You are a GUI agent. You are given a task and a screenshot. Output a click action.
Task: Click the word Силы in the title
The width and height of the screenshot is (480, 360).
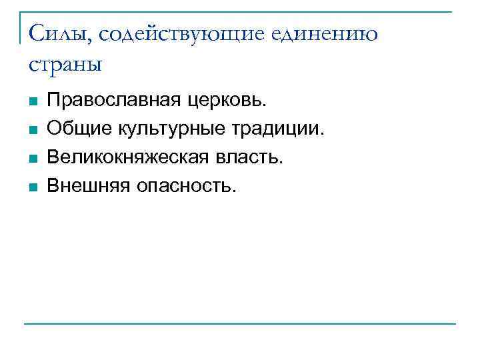51,33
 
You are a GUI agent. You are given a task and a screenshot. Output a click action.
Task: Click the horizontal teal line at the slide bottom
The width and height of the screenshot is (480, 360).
240,325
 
